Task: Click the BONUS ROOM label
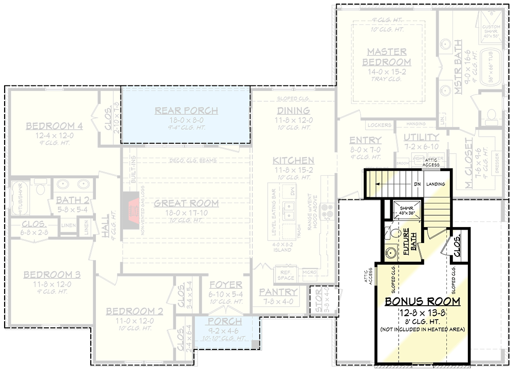(422, 301)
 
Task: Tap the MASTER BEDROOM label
(387, 57)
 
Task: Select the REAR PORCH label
(186, 110)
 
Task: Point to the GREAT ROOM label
(186, 203)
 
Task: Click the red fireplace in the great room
(130, 204)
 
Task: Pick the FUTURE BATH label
(409, 242)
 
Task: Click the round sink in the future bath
(391, 252)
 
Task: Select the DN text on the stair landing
(418, 184)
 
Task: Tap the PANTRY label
(279, 292)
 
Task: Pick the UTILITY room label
(421, 137)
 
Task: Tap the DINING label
(293, 110)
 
